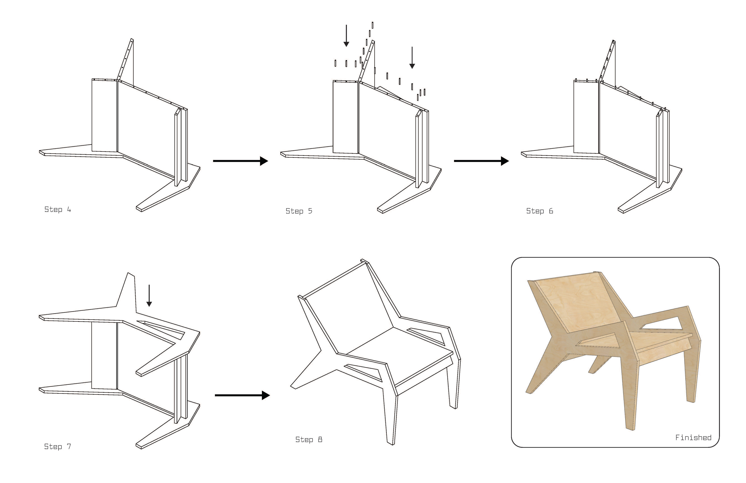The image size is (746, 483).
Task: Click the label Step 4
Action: click(58, 210)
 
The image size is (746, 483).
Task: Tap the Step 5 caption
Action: click(299, 211)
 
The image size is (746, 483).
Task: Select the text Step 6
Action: click(539, 211)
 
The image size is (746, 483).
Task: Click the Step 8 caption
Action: click(309, 439)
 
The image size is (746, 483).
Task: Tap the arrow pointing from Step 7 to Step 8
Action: click(242, 395)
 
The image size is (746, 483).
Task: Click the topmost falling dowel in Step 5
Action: click(372, 25)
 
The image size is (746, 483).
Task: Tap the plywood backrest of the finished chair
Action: click(577, 301)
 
